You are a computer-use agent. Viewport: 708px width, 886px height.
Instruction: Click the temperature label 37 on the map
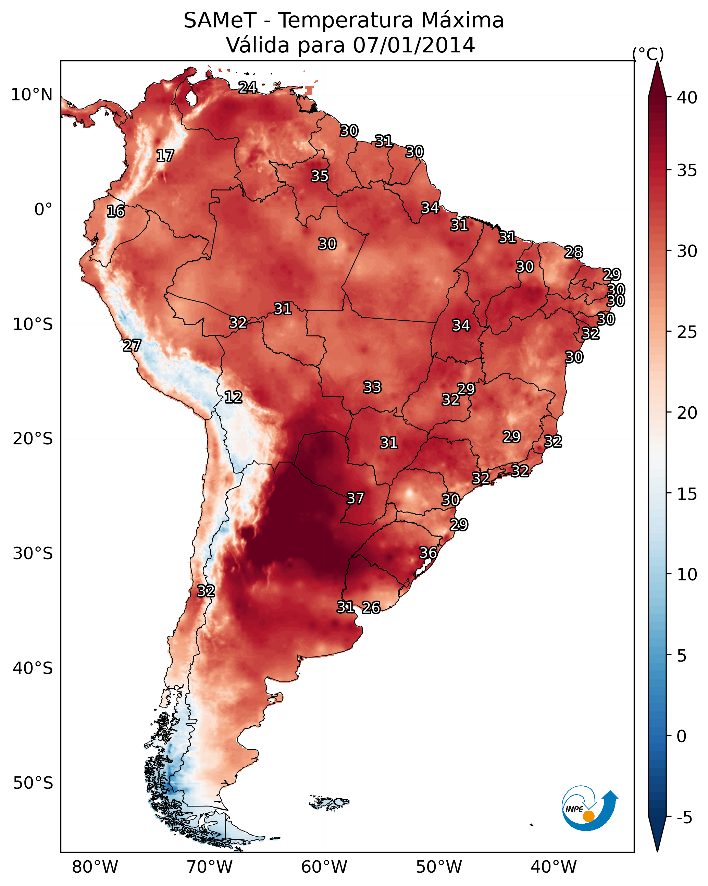(x=355, y=499)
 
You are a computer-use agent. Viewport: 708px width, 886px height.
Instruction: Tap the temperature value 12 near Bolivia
(x=233, y=397)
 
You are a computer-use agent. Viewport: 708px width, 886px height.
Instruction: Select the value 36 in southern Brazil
(x=428, y=553)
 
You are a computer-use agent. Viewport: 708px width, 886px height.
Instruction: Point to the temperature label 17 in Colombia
(x=165, y=156)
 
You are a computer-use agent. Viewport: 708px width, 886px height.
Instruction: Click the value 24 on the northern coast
(x=248, y=87)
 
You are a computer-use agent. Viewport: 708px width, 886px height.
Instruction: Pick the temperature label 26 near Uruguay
(x=371, y=607)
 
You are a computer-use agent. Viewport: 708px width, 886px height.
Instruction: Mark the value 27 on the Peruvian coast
(x=132, y=346)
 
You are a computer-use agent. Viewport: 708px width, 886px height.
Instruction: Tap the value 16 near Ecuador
(x=116, y=212)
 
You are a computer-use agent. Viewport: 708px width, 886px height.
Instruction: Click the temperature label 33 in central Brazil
(x=372, y=387)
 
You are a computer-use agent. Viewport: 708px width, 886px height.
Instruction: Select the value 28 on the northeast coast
(x=573, y=252)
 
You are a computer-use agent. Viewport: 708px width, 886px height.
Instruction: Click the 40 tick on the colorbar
(x=687, y=98)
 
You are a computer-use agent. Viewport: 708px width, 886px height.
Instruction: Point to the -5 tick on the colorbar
(x=684, y=818)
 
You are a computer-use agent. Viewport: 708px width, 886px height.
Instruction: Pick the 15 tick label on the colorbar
(x=687, y=494)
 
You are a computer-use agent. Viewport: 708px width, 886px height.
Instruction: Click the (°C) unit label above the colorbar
(x=648, y=54)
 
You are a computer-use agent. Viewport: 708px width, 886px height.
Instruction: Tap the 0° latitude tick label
(x=43, y=210)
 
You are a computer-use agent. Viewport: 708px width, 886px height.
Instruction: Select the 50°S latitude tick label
(x=33, y=783)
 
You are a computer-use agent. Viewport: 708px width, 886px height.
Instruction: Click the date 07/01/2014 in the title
(x=414, y=45)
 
